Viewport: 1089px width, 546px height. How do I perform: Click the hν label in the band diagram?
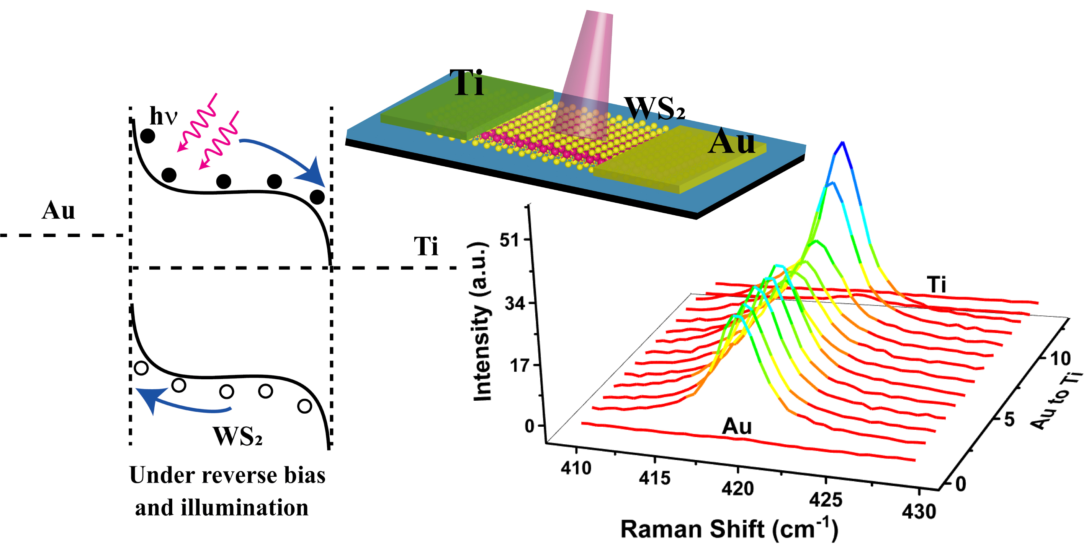[x=163, y=116]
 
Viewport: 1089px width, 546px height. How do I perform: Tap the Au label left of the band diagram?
[x=58, y=210]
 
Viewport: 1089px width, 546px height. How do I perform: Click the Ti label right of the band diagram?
[x=426, y=247]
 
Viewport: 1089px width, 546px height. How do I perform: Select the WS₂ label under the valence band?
[x=237, y=437]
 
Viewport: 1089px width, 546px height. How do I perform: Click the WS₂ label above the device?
[x=654, y=108]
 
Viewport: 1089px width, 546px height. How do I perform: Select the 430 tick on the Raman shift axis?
[x=919, y=511]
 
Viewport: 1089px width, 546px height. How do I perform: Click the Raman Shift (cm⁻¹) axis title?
[x=729, y=529]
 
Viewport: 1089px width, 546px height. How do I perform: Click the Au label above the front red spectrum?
[x=736, y=426]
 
